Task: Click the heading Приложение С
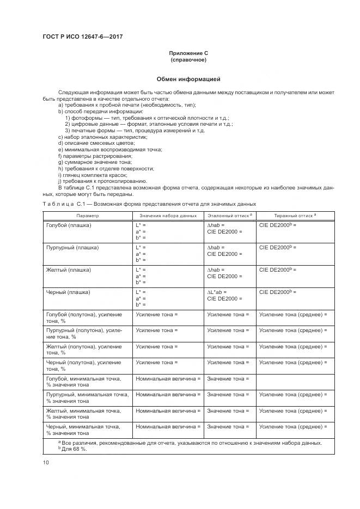click(188, 53)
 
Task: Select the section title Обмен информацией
click(188, 79)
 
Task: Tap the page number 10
click(46, 463)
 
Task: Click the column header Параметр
click(87, 216)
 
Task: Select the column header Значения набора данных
click(167, 216)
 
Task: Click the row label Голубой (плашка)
click(69, 224)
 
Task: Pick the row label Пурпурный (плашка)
click(72, 247)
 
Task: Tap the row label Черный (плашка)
click(68, 292)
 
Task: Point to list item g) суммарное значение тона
click(95, 162)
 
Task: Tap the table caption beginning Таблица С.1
click(149, 204)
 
